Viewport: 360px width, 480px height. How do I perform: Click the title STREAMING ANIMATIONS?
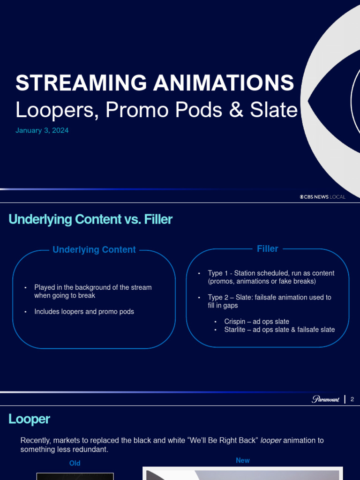pos(155,83)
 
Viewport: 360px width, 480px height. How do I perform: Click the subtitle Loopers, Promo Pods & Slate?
pos(156,110)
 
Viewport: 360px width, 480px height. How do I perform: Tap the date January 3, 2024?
pos(42,130)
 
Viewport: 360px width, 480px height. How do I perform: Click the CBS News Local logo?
pos(322,197)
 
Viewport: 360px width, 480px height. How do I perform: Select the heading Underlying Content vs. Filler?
pos(90,219)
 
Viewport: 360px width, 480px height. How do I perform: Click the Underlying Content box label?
pos(94,250)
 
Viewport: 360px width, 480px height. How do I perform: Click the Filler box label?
pos(268,249)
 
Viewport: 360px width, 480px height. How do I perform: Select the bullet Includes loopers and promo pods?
pos(84,311)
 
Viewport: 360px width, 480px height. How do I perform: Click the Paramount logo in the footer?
pos(325,399)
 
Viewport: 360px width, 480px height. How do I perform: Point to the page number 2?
pos(352,399)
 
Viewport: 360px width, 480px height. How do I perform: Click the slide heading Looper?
pos(29,419)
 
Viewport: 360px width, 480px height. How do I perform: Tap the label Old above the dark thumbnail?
pos(75,463)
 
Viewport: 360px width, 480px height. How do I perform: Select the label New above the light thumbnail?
pos(243,460)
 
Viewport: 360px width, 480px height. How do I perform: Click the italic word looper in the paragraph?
pos(271,440)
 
